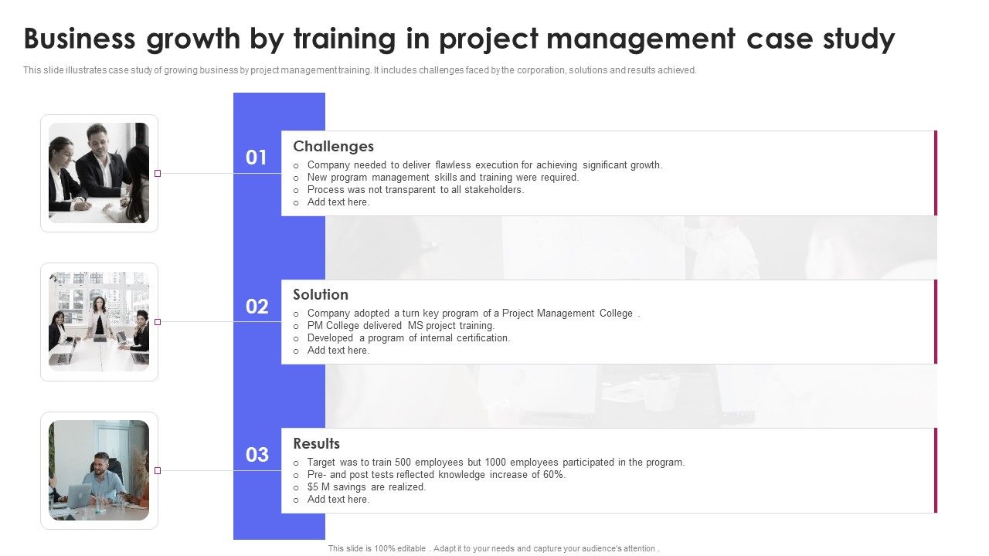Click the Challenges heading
pos(333,147)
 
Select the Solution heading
pos(321,295)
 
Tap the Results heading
pos(316,444)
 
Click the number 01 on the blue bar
pos(257,158)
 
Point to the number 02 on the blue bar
pos(257,307)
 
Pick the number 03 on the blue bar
pos(257,456)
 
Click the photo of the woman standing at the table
pos(99,321)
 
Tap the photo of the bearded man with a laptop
pos(99,470)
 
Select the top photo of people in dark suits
pos(99,173)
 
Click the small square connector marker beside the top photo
pos(158,174)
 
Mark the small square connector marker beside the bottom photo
pos(158,470)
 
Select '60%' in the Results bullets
pos(554,475)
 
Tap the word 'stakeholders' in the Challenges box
pos(494,190)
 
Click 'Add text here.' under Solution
pos(338,351)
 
